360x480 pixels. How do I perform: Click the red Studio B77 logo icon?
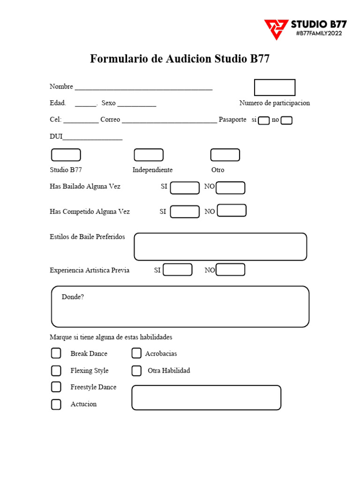[x=276, y=29]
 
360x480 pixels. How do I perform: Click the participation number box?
[x=275, y=88]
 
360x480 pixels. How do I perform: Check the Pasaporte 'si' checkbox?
[x=264, y=120]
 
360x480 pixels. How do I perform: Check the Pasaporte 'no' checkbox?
[x=286, y=120]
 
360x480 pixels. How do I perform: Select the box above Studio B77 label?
[x=66, y=155]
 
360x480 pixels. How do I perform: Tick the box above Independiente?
[x=149, y=155]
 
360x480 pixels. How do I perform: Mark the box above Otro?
[x=225, y=155]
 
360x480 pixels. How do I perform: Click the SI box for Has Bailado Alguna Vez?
[x=185, y=188]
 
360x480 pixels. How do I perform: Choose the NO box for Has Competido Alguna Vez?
[x=232, y=210]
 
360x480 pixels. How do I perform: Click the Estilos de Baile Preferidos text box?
[x=220, y=247]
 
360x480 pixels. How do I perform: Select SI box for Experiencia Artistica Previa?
[x=178, y=270]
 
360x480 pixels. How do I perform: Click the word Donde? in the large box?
[x=73, y=297]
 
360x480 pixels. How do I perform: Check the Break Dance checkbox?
[x=56, y=353]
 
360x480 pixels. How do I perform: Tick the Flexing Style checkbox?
[x=56, y=371]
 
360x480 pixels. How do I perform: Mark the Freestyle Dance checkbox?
[x=56, y=387]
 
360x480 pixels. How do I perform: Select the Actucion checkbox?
[x=56, y=404]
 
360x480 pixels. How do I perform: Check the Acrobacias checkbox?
[x=136, y=353]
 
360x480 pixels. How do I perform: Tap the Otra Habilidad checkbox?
[x=136, y=371]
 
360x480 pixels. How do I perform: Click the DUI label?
[x=56, y=136]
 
